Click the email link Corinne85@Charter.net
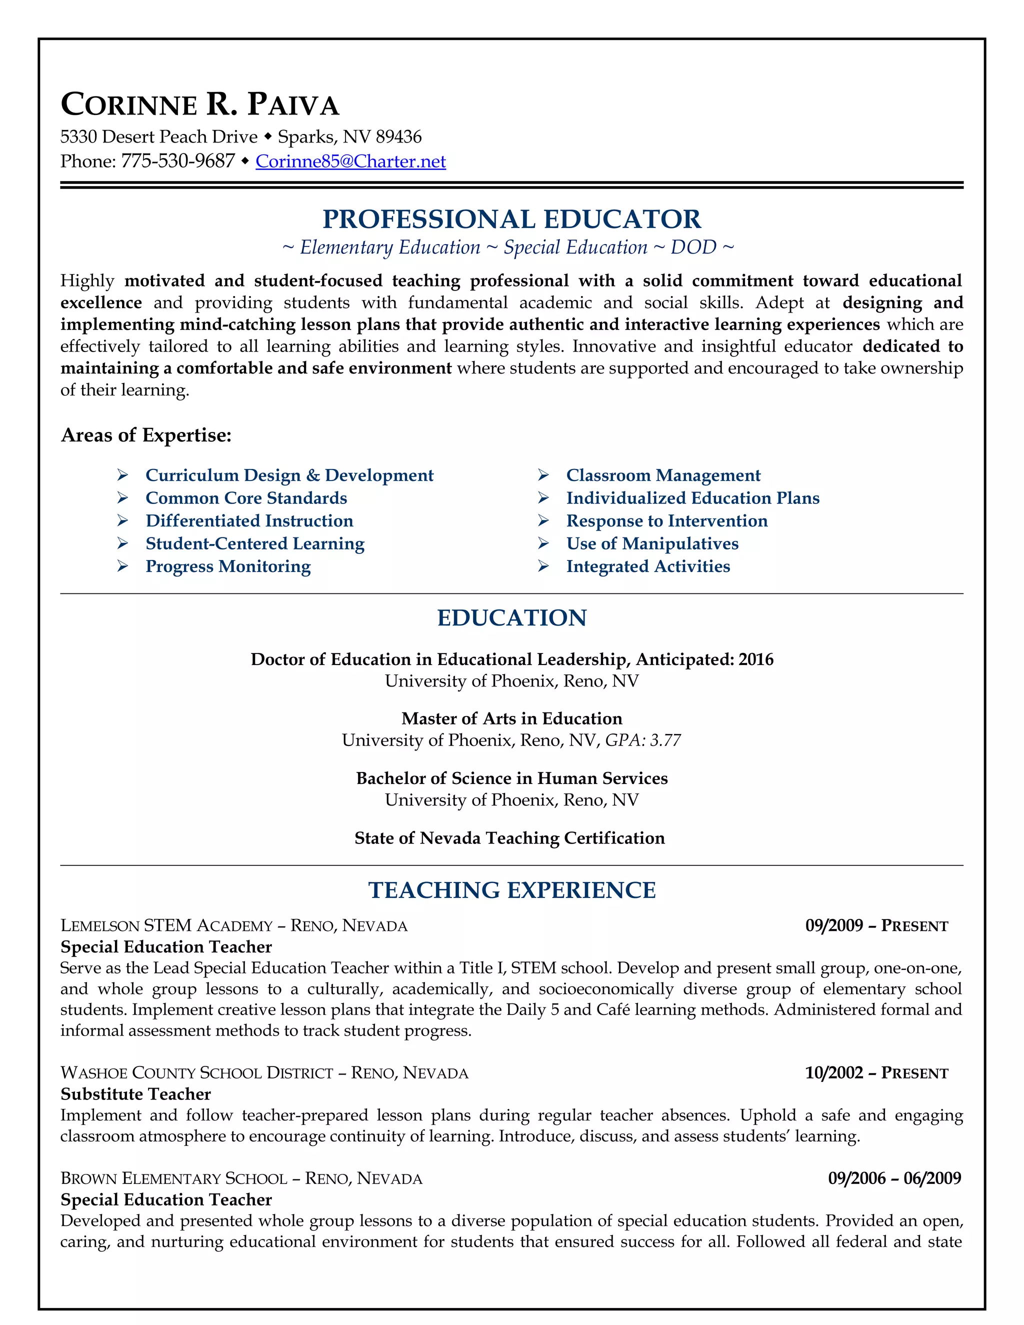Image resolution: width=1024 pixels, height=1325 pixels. click(x=350, y=161)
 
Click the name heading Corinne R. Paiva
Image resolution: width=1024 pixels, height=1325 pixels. click(x=200, y=104)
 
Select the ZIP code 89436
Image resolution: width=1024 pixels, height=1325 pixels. click(x=398, y=137)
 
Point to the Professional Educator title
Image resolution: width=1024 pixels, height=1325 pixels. click(x=511, y=219)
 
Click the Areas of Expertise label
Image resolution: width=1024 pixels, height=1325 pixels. click(x=146, y=435)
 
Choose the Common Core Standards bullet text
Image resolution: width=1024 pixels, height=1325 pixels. click(x=246, y=498)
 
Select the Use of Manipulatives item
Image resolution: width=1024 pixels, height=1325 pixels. click(x=652, y=543)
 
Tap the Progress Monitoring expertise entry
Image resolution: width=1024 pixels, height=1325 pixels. click(x=228, y=566)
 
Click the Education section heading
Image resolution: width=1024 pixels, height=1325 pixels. click(x=511, y=617)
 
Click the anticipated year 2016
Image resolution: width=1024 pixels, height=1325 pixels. click(x=756, y=659)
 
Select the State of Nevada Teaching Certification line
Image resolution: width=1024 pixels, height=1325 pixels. click(x=509, y=838)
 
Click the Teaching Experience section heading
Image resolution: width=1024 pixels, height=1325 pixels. click(x=511, y=890)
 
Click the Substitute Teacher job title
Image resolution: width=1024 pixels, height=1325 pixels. click(x=136, y=1094)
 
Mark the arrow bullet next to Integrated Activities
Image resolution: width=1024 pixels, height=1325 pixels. click(x=543, y=566)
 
